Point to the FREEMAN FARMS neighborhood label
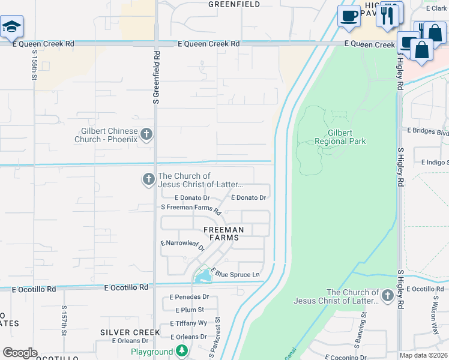pyautogui.click(x=224, y=233)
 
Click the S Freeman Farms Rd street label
pyautogui.click(x=191, y=209)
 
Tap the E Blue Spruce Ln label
pyautogui.click(x=235, y=274)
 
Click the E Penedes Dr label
pyautogui.click(x=189, y=297)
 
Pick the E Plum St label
pyautogui.click(x=190, y=310)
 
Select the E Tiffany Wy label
pyautogui.click(x=190, y=323)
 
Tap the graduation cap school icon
pyautogui.click(x=11, y=27)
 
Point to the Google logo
pyautogui.click(x=20, y=353)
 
